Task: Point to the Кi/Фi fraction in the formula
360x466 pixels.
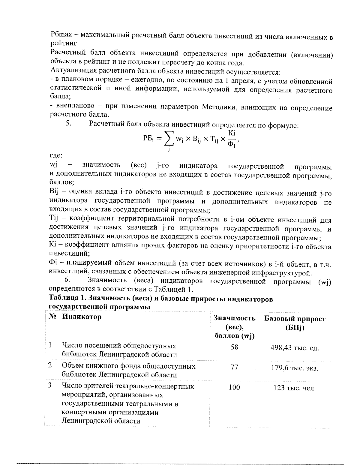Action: coord(231,139)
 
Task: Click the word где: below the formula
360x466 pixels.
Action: coord(56,155)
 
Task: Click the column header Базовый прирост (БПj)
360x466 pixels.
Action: coord(295,323)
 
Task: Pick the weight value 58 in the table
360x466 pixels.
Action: coord(234,347)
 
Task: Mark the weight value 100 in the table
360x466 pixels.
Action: coord(234,387)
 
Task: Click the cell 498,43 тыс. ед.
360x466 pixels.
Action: coord(295,348)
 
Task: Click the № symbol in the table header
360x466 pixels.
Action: coord(52,317)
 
